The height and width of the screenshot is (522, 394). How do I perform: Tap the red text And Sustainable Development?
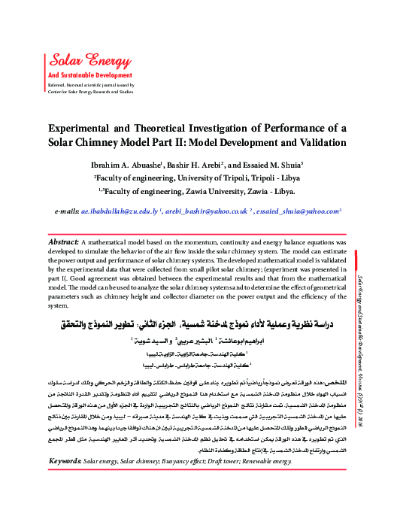click(x=91, y=76)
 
